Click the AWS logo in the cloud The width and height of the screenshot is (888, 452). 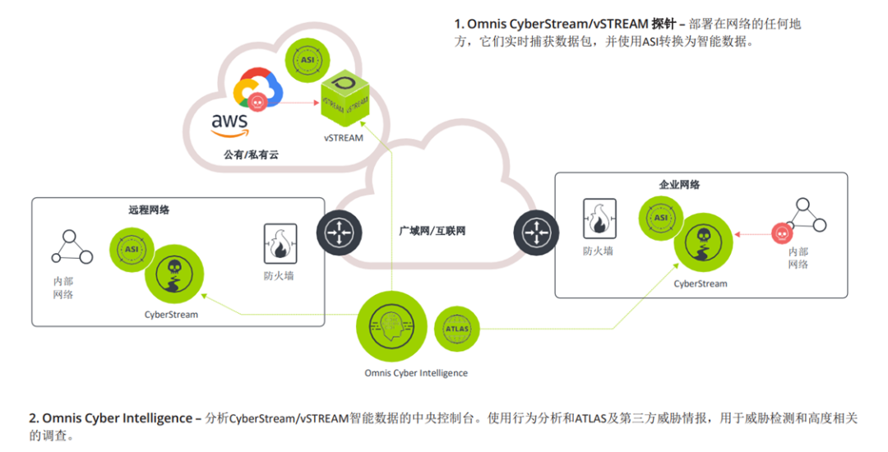point(230,124)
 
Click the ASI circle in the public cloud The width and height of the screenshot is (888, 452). point(308,60)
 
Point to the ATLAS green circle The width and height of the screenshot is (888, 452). point(457,329)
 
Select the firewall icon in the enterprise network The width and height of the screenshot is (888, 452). point(598,219)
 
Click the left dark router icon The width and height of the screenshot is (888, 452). point(338,233)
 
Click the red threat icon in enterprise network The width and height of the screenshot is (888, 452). point(780,234)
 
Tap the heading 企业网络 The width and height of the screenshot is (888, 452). point(680,185)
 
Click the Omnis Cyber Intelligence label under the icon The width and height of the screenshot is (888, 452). point(416,373)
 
